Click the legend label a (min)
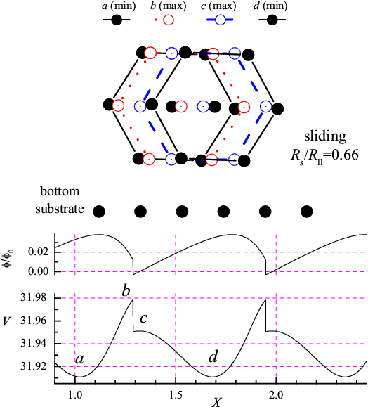click(119, 6)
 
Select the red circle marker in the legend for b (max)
click(169, 20)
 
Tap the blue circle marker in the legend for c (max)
click(221, 20)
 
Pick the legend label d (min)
click(270, 6)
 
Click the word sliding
click(325, 136)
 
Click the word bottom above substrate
click(60, 191)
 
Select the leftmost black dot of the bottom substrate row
click(99, 212)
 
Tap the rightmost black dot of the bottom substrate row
click(306, 212)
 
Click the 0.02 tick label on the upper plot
click(39, 252)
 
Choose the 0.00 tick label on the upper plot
click(39, 271)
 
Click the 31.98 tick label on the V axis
click(34, 297)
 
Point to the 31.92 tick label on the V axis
click(34, 366)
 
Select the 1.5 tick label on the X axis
click(176, 395)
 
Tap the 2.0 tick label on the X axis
click(276, 395)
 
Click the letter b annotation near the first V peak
click(126, 291)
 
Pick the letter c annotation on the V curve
click(144, 318)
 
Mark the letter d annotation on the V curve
click(213, 356)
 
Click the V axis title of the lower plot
click(7, 321)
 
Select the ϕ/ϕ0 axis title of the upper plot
click(9, 259)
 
